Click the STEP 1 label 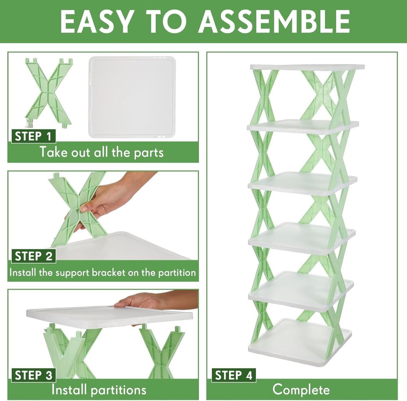pos(33,136)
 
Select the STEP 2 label pos(33,256)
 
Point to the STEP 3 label pos(33,375)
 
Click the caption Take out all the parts pos(101,152)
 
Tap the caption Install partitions pos(98,390)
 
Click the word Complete pos(301,390)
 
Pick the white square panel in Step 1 pos(132,97)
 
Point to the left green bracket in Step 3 pos(67,350)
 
